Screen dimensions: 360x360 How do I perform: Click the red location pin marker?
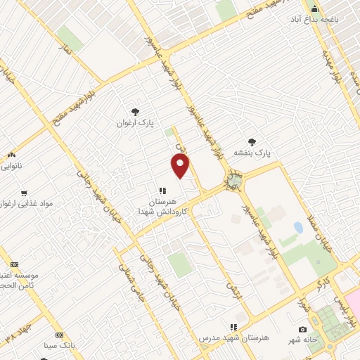click(181, 166)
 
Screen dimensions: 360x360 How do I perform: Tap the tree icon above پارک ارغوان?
click(135, 111)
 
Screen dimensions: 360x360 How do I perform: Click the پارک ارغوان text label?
click(135, 122)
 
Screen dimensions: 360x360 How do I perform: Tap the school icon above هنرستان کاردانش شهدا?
click(162, 190)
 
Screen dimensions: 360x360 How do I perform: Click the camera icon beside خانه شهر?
click(302, 329)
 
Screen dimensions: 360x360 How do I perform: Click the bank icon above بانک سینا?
click(60, 335)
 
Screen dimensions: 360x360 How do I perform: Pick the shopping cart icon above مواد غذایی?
click(25, 193)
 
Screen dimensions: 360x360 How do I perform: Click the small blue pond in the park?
click(298, 228)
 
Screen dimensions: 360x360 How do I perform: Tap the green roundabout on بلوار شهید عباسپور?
click(233, 182)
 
